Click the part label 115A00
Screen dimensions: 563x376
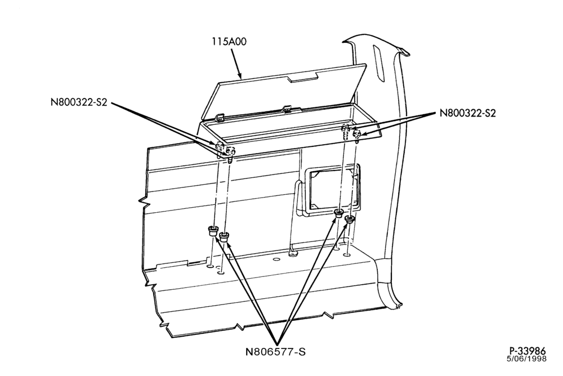[229, 42]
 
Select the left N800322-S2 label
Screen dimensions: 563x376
[79, 102]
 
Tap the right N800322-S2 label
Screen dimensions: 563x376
[467, 113]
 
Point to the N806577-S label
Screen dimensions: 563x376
[276, 351]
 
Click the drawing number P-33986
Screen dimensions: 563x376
[528, 351]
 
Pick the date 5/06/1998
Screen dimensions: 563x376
[527, 359]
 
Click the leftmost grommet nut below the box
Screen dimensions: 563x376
[213, 231]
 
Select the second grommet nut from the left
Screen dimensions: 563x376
[224, 236]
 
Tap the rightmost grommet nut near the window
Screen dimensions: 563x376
[350, 219]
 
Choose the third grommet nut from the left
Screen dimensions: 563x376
[338, 214]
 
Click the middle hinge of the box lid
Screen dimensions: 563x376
[286, 108]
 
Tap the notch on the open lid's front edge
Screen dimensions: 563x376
[303, 77]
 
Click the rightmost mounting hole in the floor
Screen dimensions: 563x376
[346, 255]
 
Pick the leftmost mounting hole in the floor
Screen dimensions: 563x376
[211, 266]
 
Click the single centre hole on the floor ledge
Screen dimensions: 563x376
[276, 259]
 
